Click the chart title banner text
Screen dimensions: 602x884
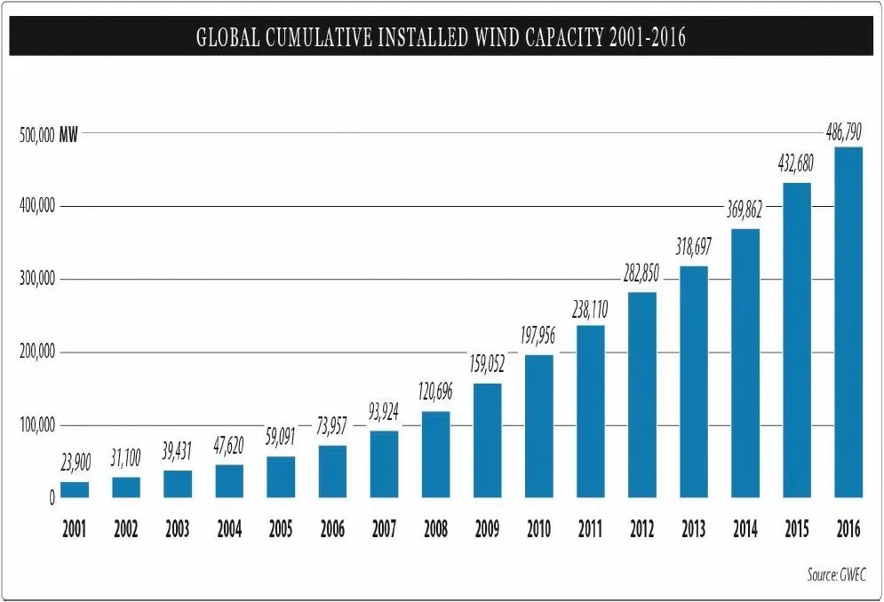coord(442,38)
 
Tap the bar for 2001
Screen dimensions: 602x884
coord(75,490)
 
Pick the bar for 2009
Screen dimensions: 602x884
coord(487,440)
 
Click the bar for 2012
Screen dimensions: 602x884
coord(641,395)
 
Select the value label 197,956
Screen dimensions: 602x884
coord(538,337)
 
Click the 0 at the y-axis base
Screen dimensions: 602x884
coord(52,499)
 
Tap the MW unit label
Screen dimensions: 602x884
coord(68,136)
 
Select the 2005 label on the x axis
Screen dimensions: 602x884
coord(281,530)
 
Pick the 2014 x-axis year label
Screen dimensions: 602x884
coord(745,530)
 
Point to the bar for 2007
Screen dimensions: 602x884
coord(384,464)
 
